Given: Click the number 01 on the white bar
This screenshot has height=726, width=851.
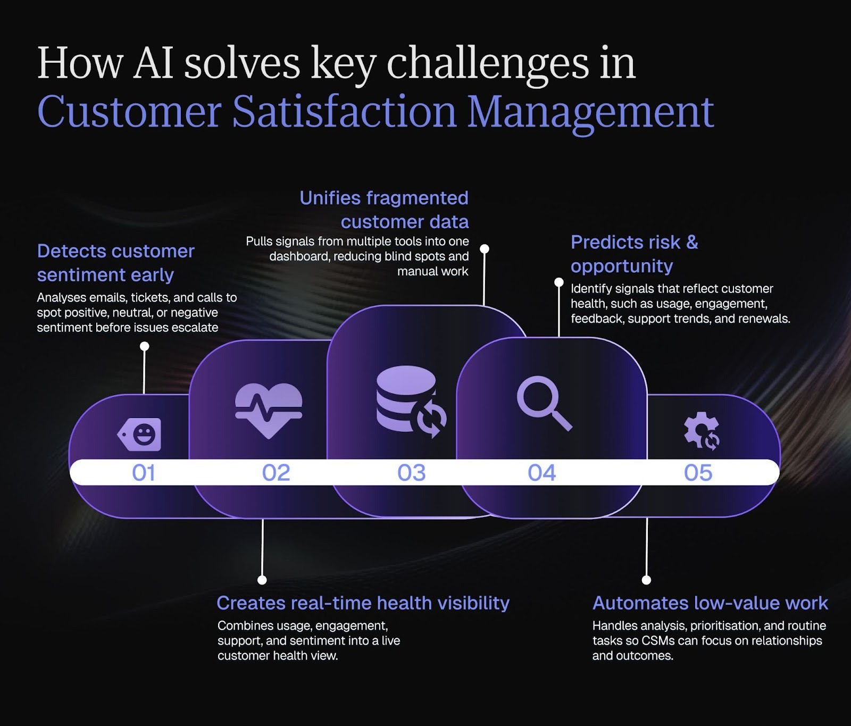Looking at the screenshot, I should pos(144,473).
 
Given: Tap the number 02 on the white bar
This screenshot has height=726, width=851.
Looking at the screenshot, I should pos(276,473).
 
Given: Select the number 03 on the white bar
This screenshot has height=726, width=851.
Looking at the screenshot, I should pos(412,473).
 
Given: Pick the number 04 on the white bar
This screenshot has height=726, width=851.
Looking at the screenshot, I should pos(542,473).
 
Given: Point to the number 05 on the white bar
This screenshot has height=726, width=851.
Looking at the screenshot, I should pos(698,473).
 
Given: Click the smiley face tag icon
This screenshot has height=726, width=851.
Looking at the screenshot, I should pos(140,435).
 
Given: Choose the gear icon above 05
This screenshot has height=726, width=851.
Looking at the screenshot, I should pos(702,431).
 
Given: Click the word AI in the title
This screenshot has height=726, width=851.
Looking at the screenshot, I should pos(154,63).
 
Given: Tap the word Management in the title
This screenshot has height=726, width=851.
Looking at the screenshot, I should pos(590,113).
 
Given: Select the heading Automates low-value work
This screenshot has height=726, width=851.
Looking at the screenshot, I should pos(710,603).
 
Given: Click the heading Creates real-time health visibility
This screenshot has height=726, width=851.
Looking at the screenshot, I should pos(363,603).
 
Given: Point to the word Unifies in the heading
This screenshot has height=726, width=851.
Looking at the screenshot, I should pos(330,198).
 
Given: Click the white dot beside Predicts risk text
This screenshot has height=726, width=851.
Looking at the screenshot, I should pos(559,282).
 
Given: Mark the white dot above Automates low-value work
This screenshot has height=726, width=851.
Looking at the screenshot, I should pos(647,580).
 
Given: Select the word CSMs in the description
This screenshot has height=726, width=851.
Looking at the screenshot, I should pos(658,641).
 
